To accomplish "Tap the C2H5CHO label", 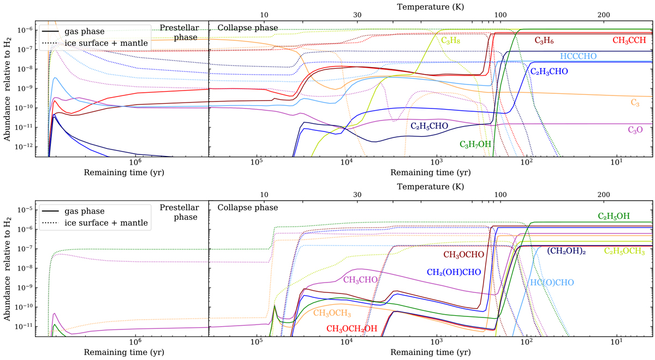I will pos(430,125).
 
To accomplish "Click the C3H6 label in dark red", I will pos(546,40).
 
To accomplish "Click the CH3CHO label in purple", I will pos(362,280).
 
